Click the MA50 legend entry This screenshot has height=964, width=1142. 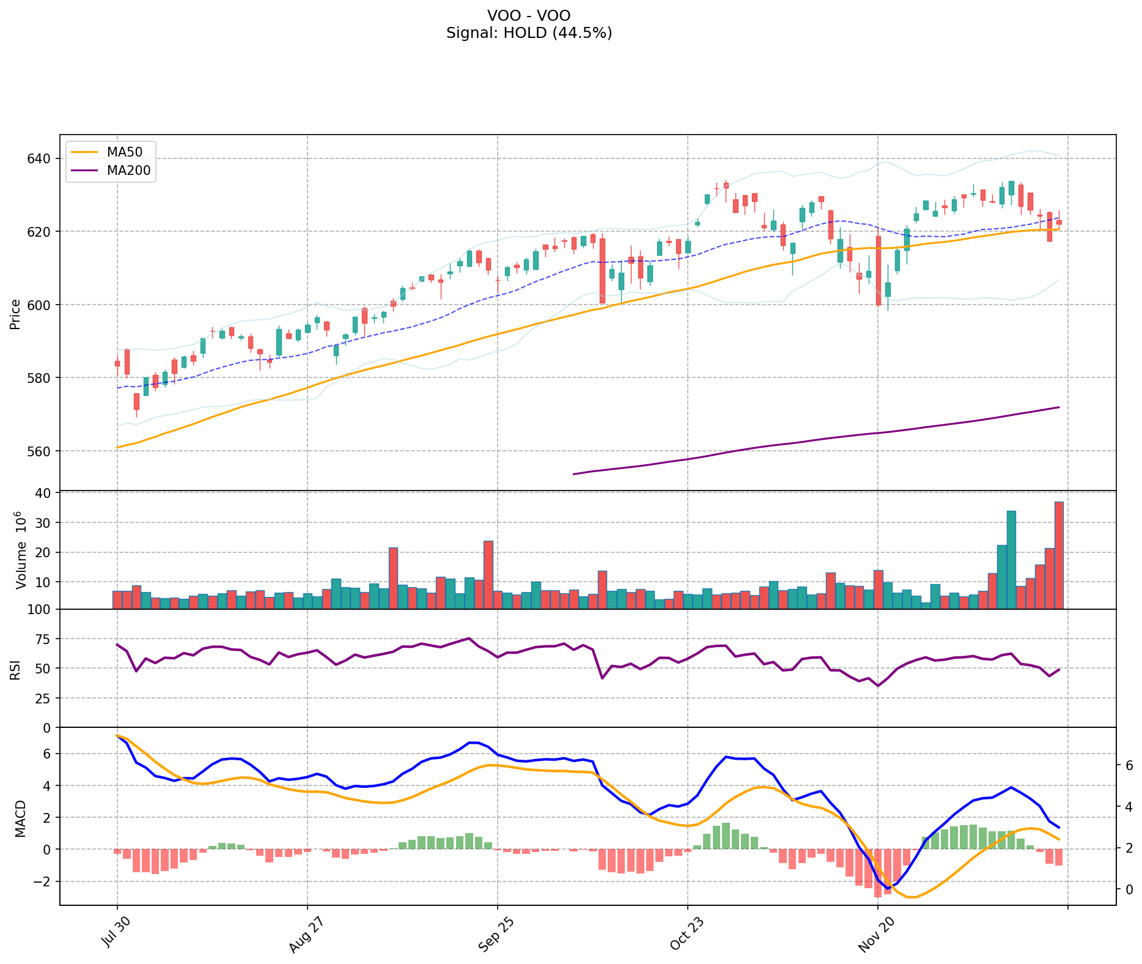[128, 152]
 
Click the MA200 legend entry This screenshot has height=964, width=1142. [128, 171]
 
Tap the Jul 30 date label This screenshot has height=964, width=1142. [114, 936]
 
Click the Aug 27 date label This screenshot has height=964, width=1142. [303, 936]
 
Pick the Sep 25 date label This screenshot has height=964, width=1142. [493, 936]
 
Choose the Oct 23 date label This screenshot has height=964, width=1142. [683, 936]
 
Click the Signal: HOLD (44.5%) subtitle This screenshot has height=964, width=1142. [529, 33]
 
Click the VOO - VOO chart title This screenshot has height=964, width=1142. [529, 15]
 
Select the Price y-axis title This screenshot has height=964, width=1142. [15, 314]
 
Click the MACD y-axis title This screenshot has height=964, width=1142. [20, 818]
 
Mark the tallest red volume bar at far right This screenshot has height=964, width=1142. [1059, 555]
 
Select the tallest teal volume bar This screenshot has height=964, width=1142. [1011, 560]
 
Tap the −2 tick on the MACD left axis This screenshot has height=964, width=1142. [42, 881]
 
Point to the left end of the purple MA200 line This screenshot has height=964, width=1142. [573, 474]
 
